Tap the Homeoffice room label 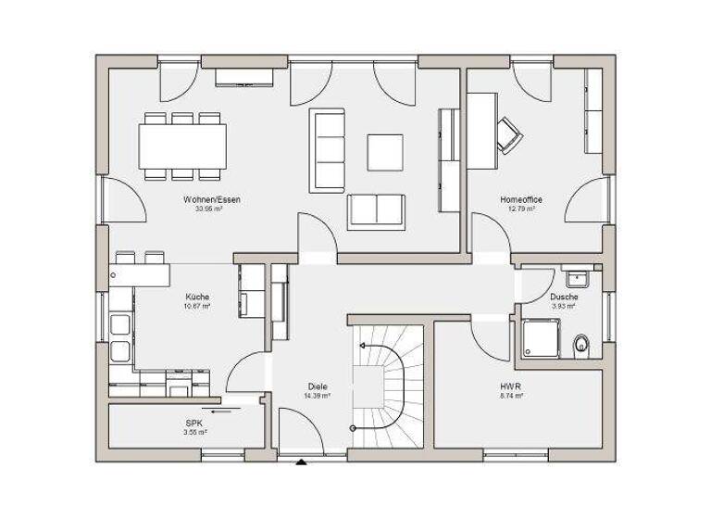[x=520, y=199]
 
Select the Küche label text [x=197, y=297]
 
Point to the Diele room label [x=318, y=386]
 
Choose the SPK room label [x=194, y=424]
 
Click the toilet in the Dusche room [x=582, y=345]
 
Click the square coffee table [x=385, y=153]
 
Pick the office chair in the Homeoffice [x=509, y=135]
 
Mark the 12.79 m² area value [x=520, y=209]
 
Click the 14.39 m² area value [x=318, y=396]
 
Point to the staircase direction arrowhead [x=362, y=345]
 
